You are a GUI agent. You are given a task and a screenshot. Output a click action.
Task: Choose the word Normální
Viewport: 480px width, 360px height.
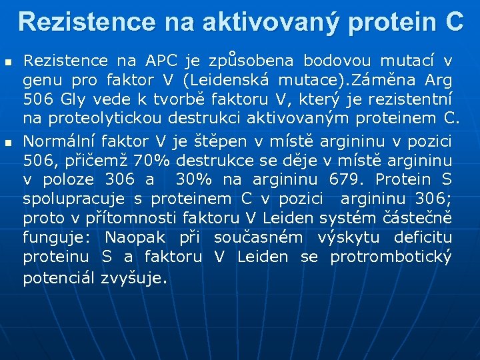[x=59, y=141]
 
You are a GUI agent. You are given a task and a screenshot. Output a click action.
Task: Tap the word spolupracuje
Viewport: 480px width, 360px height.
[x=73, y=199]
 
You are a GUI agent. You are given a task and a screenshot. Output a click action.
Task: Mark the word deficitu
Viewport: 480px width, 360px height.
[x=423, y=238]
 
